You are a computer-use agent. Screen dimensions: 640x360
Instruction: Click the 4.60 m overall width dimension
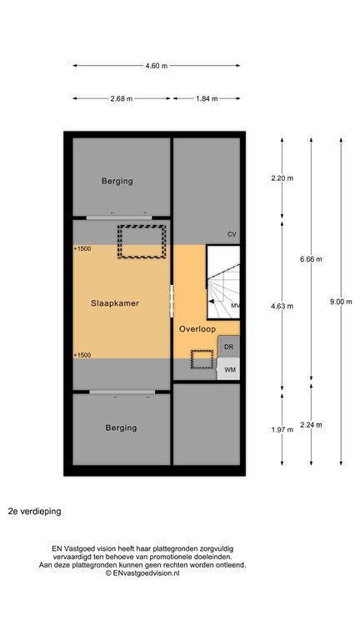(x=156, y=66)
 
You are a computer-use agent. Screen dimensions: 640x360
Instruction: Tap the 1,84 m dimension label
(x=206, y=98)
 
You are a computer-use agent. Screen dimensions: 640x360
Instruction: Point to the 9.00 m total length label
(x=342, y=302)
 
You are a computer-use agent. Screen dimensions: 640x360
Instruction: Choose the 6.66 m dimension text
(x=311, y=259)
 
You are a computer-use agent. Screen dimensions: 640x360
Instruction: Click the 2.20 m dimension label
(x=282, y=178)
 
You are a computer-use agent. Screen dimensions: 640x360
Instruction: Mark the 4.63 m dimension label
(x=282, y=306)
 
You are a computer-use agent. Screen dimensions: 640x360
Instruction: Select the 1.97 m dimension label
(x=282, y=429)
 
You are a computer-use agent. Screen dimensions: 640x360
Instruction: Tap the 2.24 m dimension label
(x=311, y=425)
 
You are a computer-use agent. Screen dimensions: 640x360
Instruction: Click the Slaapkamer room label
(x=115, y=304)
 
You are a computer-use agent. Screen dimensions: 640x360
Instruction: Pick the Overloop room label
(x=197, y=329)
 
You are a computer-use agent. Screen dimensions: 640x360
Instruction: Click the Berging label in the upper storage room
(x=117, y=181)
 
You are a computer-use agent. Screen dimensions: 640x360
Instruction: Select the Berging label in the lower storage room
(x=121, y=428)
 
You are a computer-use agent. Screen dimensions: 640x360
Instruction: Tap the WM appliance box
(x=229, y=369)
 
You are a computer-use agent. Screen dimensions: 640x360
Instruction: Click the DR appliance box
(x=229, y=347)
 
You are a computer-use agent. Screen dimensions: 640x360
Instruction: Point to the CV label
(x=232, y=235)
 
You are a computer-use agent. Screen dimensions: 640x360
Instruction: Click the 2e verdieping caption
(x=34, y=510)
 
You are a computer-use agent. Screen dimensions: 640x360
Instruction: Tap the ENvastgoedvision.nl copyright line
(x=142, y=573)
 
